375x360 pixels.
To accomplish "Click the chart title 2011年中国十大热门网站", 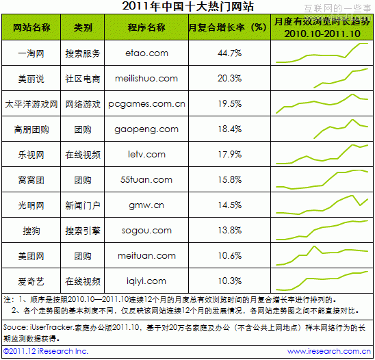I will pyautogui.click(x=187, y=7).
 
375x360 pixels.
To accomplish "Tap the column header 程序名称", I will pyautogui.click(x=146, y=27).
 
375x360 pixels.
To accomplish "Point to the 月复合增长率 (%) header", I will pyautogui.click(x=227, y=27).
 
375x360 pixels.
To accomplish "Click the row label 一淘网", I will pyautogui.click(x=31, y=53).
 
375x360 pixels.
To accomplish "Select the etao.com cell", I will pyautogui.click(x=146, y=53).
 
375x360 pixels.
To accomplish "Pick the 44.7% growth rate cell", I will pyautogui.click(x=229, y=53).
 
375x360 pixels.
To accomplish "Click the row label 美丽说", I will pyautogui.click(x=31, y=79).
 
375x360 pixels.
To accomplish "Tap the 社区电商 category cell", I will pyautogui.click(x=83, y=79).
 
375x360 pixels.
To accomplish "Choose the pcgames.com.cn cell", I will pyautogui.click(x=146, y=104).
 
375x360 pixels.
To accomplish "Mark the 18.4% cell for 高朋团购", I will pyautogui.click(x=229, y=129).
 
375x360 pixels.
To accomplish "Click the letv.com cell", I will pyautogui.click(x=146, y=154).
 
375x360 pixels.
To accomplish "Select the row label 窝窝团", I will pyautogui.click(x=31, y=179).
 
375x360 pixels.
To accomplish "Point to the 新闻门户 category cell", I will pyautogui.click(x=83, y=205).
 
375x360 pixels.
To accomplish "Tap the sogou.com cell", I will pyautogui.click(x=146, y=230).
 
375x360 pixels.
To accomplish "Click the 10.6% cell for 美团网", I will pyautogui.click(x=229, y=255).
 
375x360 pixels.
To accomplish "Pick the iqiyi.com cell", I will pyautogui.click(x=146, y=281).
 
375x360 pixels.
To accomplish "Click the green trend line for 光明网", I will pyautogui.click(x=322, y=203).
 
